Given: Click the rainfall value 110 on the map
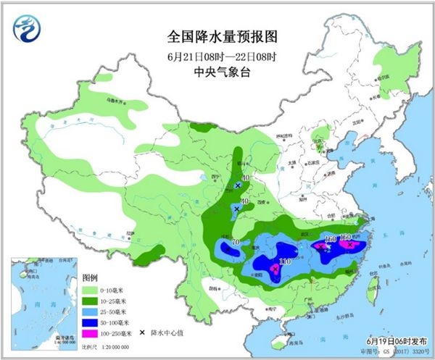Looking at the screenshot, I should (x=284, y=261).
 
